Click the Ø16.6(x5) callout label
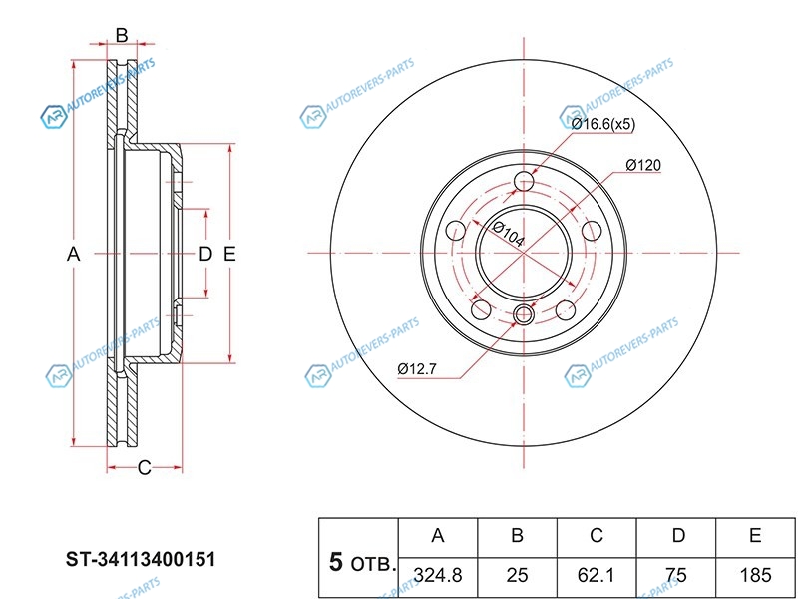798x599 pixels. (x=603, y=124)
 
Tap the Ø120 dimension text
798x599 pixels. (x=643, y=165)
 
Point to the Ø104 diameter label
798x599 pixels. (x=508, y=234)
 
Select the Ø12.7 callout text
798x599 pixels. (x=417, y=369)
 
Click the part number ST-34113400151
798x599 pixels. (x=141, y=559)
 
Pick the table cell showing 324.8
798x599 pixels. (x=438, y=575)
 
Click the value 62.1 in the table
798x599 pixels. (x=596, y=575)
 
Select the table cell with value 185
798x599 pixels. (x=755, y=575)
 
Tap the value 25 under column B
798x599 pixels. (x=517, y=575)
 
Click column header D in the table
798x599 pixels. (x=678, y=535)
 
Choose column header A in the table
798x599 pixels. (x=438, y=535)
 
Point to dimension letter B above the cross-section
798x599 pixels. (x=121, y=36)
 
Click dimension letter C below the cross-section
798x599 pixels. (x=145, y=467)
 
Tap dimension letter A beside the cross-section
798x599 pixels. (x=73, y=254)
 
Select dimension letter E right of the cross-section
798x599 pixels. (x=229, y=254)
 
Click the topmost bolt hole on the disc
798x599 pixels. (x=524, y=181)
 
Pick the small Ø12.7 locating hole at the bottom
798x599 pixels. (x=523, y=314)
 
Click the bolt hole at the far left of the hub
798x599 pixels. (x=456, y=231)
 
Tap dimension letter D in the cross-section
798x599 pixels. (x=205, y=254)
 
